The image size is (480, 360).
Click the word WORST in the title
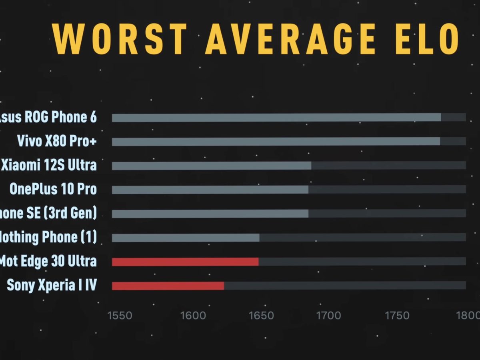coord(120,39)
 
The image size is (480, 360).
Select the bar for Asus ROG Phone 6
coord(276,118)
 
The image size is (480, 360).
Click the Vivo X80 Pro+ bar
coord(276,142)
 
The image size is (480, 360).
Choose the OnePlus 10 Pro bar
coord(210,190)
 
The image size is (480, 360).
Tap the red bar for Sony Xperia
coord(168,286)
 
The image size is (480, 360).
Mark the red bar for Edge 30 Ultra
coord(185,262)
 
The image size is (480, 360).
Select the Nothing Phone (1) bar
coord(185,238)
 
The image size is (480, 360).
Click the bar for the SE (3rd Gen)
coord(210,214)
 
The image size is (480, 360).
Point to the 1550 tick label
coord(120,315)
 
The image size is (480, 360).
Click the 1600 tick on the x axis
coord(194,315)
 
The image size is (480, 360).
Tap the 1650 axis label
coord(261,315)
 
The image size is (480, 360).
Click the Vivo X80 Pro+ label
coord(57,141)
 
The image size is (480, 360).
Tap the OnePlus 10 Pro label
coord(53,189)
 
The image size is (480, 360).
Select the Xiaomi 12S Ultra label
coord(49,165)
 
